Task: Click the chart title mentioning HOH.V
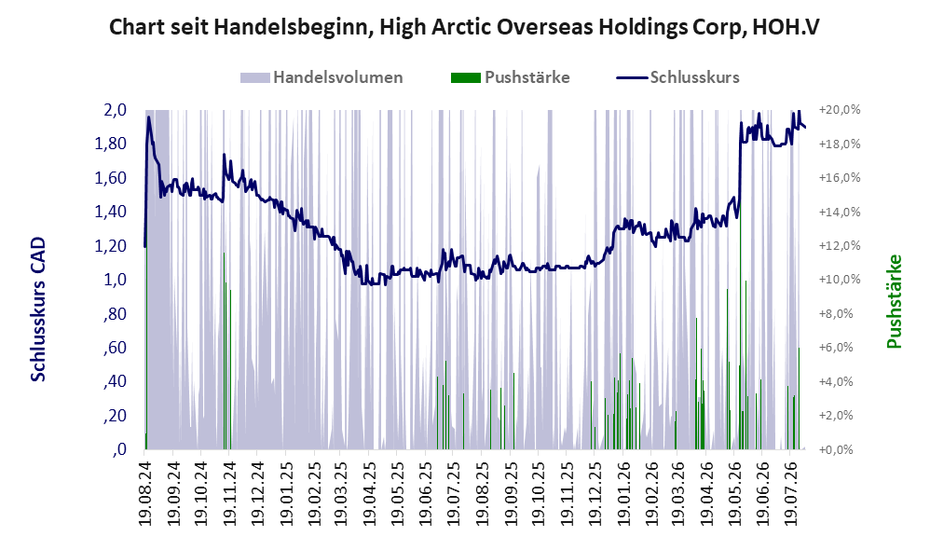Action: pyautogui.click(x=464, y=27)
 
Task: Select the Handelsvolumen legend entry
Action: pyautogui.click(x=321, y=77)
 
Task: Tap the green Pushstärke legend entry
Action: pyautogui.click(x=510, y=77)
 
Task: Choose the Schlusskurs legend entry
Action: pyautogui.click(x=677, y=77)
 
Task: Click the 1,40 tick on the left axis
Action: pyautogui.click(x=110, y=212)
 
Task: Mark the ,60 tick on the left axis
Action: pyautogui.click(x=115, y=348)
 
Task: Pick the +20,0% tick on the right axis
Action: pyautogui.click(x=840, y=110)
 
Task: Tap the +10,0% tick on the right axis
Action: pyautogui.click(x=840, y=280)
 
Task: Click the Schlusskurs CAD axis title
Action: pyautogui.click(x=38, y=309)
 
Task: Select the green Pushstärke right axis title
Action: pyautogui.click(x=894, y=301)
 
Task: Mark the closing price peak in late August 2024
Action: pyautogui.click(x=148, y=117)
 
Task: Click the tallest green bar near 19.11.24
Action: pyautogui.click(x=225, y=351)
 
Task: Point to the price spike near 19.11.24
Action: pyautogui.click(x=225, y=155)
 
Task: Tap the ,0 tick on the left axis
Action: pyautogui.click(x=118, y=449)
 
